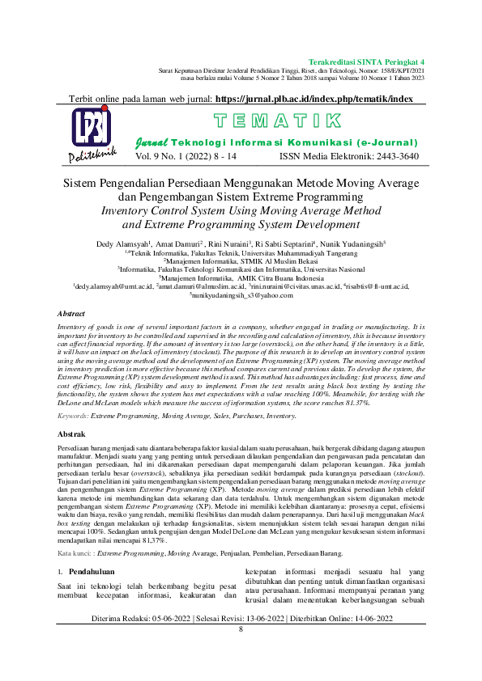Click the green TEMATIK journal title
(x=276, y=122)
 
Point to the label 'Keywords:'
(x=73, y=415)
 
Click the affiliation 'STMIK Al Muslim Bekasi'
(x=259, y=260)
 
